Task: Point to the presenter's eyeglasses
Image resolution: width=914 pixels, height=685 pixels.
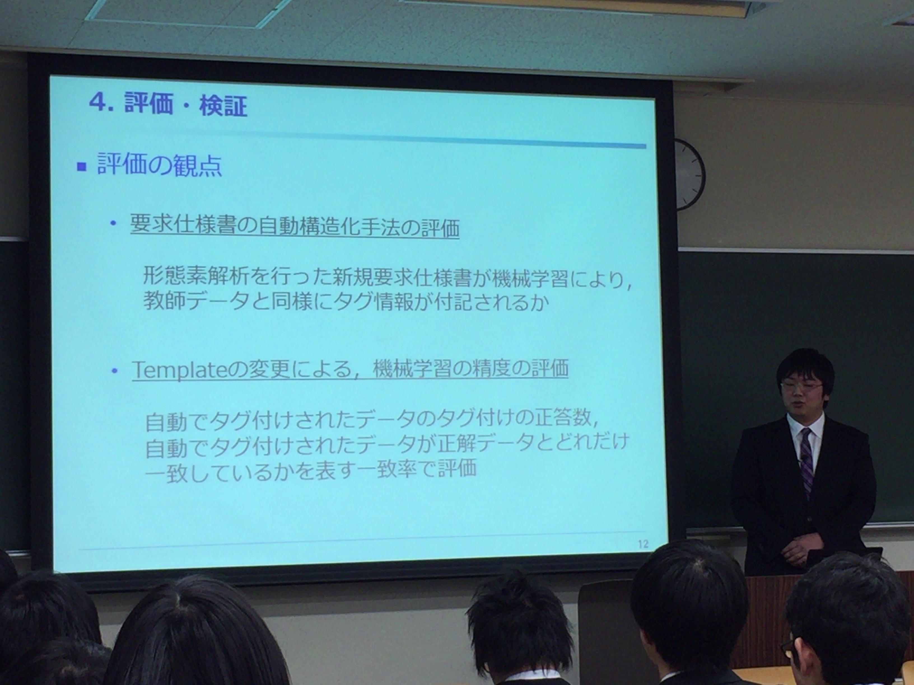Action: [802, 386]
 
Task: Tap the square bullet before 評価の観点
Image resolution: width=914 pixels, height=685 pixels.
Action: [82, 166]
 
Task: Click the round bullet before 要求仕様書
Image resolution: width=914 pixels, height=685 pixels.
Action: [113, 223]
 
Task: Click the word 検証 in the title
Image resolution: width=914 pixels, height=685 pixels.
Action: [223, 106]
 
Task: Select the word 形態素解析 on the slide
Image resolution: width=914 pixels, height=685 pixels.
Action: [196, 275]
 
